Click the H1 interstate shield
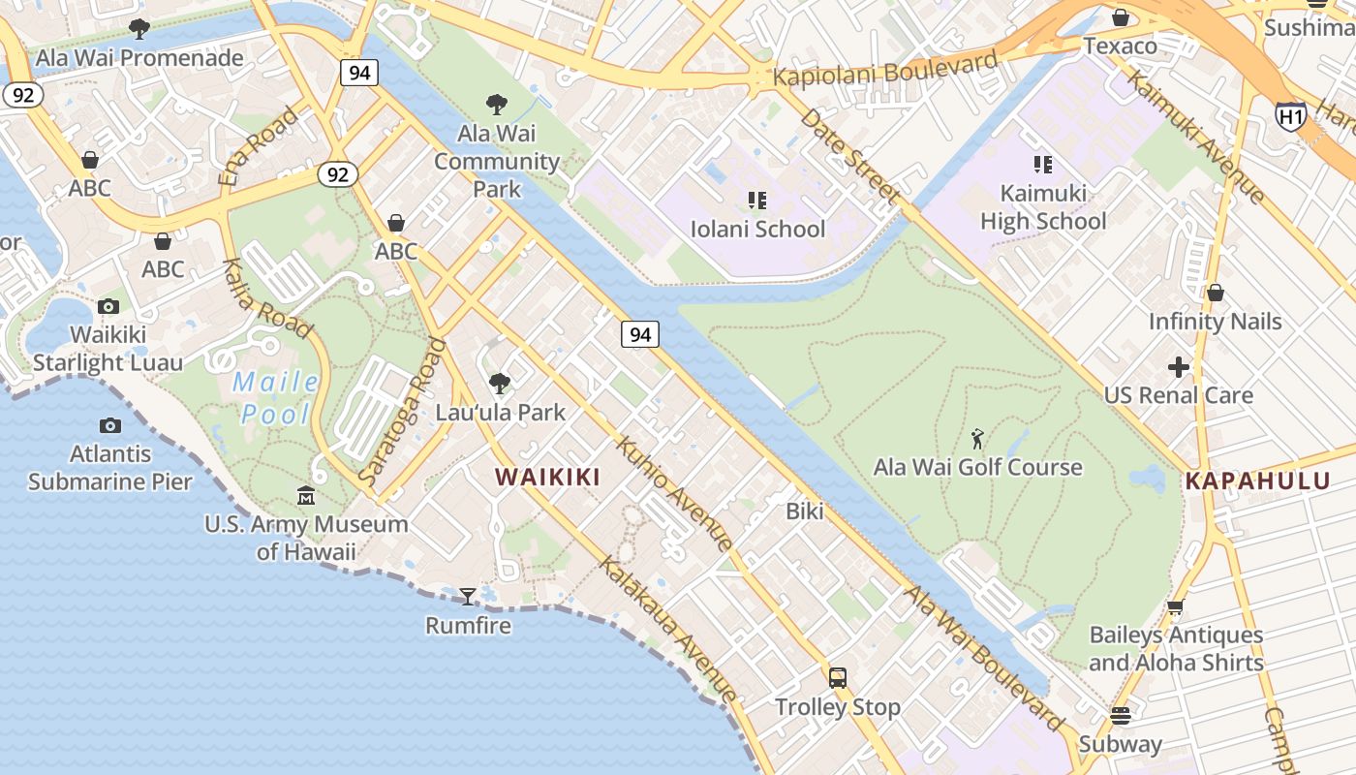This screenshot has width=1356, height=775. tap(1290, 116)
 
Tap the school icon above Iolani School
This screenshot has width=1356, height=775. tap(757, 201)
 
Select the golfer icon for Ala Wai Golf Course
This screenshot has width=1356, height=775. tap(977, 439)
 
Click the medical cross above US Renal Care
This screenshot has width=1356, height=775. tap(1178, 367)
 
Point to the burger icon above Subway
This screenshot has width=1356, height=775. tap(1121, 716)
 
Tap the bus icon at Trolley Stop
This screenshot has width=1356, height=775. tap(838, 678)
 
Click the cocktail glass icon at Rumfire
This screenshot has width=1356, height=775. tap(468, 596)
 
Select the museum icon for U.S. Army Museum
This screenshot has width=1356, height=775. tap(306, 495)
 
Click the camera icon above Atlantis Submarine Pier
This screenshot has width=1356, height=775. tap(110, 425)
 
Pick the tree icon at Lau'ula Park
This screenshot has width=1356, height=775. tap(499, 384)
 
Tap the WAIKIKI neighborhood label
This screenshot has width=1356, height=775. tap(547, 477)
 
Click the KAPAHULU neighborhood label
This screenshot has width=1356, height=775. tap(1257, 481)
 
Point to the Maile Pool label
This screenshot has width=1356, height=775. tap(277, 398)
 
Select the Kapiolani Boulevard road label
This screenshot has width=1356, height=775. tap(885, 69)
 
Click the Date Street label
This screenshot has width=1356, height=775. tap(850, 156)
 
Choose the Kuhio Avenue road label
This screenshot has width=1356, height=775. tap(674, 494)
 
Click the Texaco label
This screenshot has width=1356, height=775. tap(1120, 46)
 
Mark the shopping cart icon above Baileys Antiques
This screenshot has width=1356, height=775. tap(1176, 607)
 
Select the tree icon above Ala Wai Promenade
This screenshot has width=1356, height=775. tap(139, 29)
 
